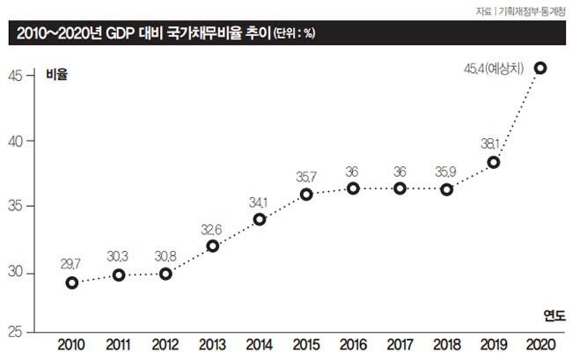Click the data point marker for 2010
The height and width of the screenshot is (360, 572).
click(x=72, y=283)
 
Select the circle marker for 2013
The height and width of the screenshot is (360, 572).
click(x=213, y=246)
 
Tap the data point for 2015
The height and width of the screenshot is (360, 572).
click(x=306, y=195)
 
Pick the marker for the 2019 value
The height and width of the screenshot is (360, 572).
click(x=494, y=162)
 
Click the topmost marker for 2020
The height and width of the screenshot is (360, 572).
click(x=540, y=68)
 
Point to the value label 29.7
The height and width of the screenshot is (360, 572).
click(x=72, y=262)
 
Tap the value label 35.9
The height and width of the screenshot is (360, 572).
click(x=447, y=170)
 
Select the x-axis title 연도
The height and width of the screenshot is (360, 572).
click(x=554, y=314)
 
